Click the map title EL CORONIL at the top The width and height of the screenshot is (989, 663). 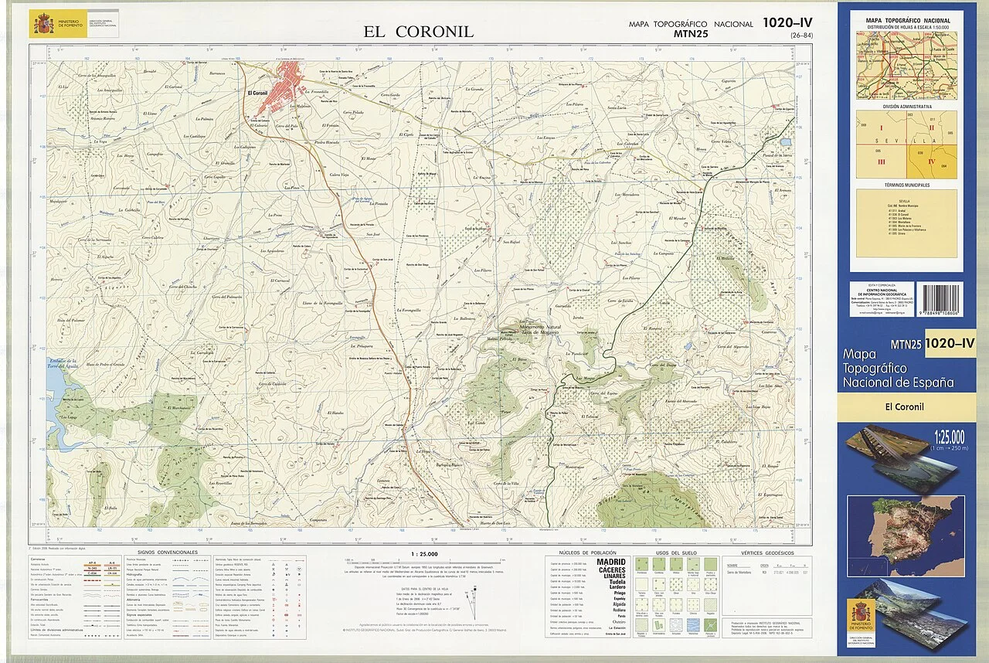(419, 32)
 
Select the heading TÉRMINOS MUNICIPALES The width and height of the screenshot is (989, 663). (906, 185)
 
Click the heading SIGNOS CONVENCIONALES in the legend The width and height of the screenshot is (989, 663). (167, 552)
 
